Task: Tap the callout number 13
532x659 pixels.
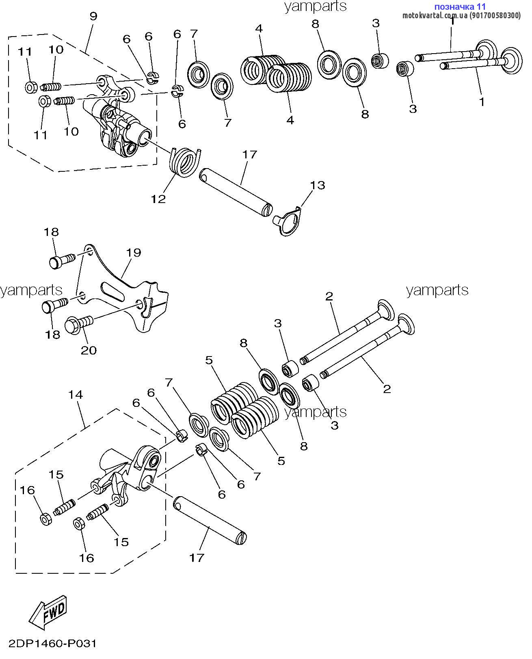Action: click(x=318, y=185)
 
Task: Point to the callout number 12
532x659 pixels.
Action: click(x=158, y=199)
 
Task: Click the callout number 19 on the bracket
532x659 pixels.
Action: click(x=133, y=253)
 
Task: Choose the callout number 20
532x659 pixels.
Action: click(x=89, y=350)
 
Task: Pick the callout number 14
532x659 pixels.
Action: click(x=76, y=395)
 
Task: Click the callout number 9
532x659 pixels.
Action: click(x=93, y=16)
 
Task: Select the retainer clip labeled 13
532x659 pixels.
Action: click(x=288, y=222)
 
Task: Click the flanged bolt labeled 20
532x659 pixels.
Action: click(x=79, y=324)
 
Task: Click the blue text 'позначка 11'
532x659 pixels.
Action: click(x=460, y=6)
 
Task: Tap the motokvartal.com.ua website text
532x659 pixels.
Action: click(x=461, y=15)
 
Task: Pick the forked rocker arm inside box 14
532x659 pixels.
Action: click(x=130, y=473)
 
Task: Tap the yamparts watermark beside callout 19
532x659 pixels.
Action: click(x=31, y=290)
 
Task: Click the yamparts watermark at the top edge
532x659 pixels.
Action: click(x=316, y=6)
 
